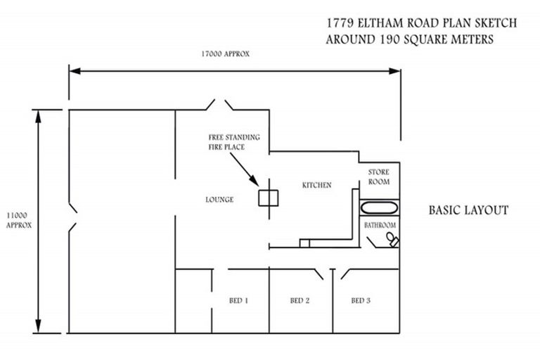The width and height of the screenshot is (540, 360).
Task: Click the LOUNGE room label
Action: click(219, 200)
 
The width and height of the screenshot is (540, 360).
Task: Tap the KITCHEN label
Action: click(316, 186)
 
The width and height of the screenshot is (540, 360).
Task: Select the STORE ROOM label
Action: click(379, 177)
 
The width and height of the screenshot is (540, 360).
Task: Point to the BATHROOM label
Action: click(380, 225)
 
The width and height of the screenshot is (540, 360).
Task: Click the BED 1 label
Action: click(238, 301)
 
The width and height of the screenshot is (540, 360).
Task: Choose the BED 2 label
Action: click(300, 301)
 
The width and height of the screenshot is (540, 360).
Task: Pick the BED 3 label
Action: click(361, 301)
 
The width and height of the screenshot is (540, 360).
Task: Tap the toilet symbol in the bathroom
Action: click(391, 240)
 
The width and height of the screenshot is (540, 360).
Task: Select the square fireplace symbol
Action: click(266, 198)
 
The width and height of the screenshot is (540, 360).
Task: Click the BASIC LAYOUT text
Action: click(468, 210)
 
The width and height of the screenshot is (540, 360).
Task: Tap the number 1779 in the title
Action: click(340, 23)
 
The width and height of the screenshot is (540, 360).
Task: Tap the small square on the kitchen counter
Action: click(304, 243)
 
